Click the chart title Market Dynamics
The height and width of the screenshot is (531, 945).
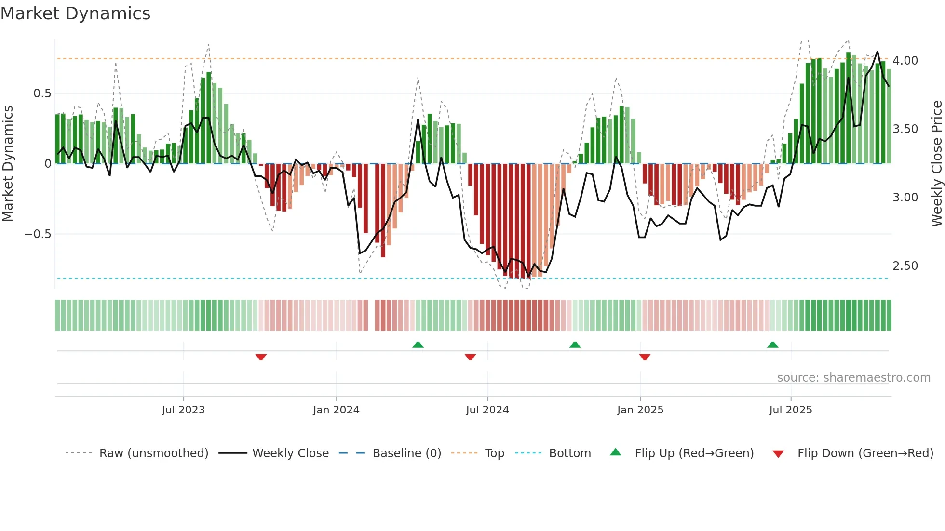click(x=75, y=13)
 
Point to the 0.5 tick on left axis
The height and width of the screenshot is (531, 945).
click(x=42, y=93)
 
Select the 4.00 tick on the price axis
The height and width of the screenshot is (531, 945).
click(x=905, y=61)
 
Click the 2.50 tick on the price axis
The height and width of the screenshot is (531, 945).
click(x=905, y=266)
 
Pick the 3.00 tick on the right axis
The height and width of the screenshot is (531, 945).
click(x=905, y=198)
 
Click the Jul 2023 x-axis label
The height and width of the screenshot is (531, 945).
click(x=183, y=410)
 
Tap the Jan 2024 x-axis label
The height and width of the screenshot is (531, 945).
click(x=336, y=410)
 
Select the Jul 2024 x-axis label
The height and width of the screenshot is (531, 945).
click(x=487, y=410)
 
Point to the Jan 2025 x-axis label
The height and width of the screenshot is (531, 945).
click(x=640, y=410)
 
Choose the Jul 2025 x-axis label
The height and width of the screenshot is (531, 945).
click(x=790, y=410)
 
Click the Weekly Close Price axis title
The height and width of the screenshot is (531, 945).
click(x=936, y=164)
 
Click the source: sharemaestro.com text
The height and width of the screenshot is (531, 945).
click(x=853, y=378)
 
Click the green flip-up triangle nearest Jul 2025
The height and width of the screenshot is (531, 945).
click(x=772, y=345)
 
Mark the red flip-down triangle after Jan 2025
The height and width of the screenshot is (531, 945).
click(x=645, y=357)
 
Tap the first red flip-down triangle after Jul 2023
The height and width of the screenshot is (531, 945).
click(x=261, y=357)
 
